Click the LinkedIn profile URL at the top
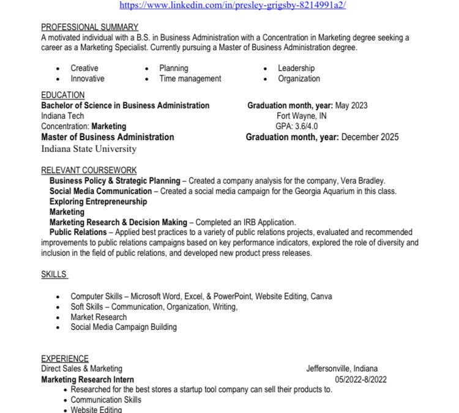(233, 5)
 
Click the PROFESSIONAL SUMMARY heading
(89, 27)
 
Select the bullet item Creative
(84, 68)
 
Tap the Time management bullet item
(190, 78)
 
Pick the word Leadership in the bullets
(296, 68)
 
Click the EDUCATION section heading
(63, 95)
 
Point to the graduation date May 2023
(351, 105)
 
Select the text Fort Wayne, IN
(302, 116)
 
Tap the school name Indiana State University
(89, 149)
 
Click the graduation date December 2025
(370, 137)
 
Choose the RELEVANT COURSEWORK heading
(89, 170)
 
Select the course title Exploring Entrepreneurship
(98, 201)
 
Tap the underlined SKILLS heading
(54, 274)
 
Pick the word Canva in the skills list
(321, 296)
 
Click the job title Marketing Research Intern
(88, 379)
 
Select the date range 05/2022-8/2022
(360, 379)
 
